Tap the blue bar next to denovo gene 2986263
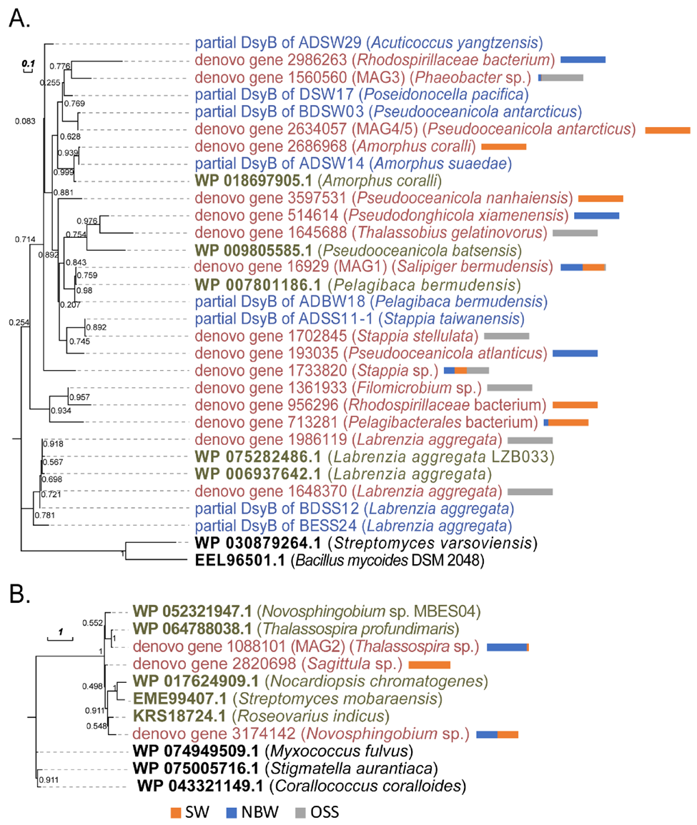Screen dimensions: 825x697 coord(583,59)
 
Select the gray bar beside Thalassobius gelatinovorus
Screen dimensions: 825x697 coord(575,233)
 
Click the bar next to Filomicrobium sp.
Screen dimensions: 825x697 coord(510,388)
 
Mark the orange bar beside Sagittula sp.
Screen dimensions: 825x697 coord(430,665)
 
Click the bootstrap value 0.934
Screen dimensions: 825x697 coord(59,410)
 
